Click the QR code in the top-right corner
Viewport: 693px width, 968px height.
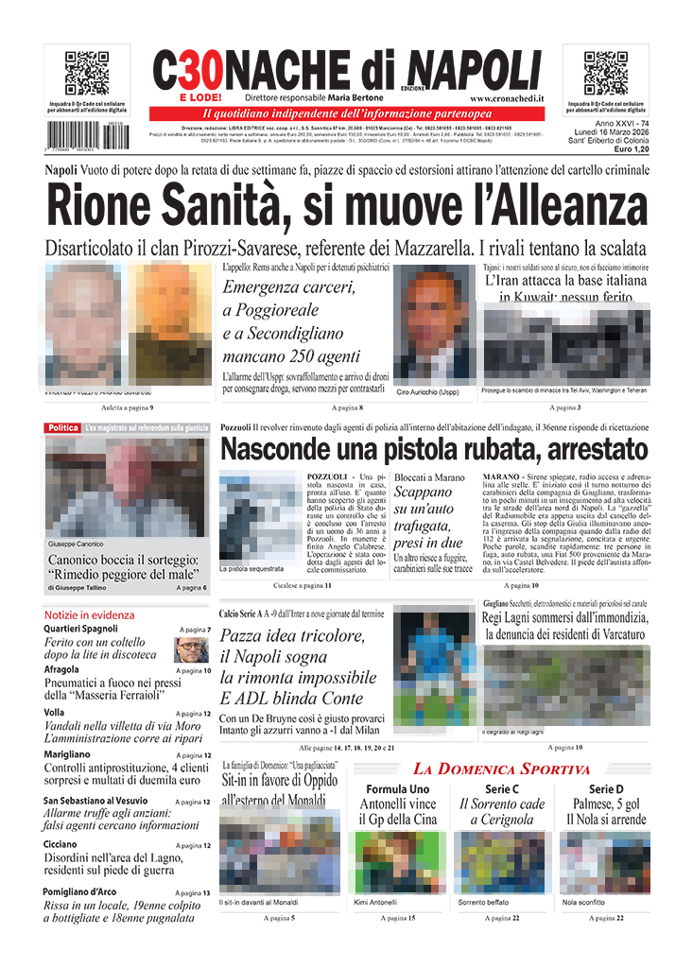606,72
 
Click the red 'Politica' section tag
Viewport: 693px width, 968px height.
63,428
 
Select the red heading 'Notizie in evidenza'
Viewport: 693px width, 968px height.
89,614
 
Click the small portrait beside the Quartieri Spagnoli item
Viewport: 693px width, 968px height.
192,649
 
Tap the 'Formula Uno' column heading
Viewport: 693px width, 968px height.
397,789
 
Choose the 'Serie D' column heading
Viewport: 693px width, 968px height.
606,789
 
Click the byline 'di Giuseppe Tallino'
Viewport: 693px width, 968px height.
81,588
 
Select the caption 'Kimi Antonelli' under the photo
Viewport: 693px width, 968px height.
375,903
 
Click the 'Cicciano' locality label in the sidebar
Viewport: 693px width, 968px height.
61,844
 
